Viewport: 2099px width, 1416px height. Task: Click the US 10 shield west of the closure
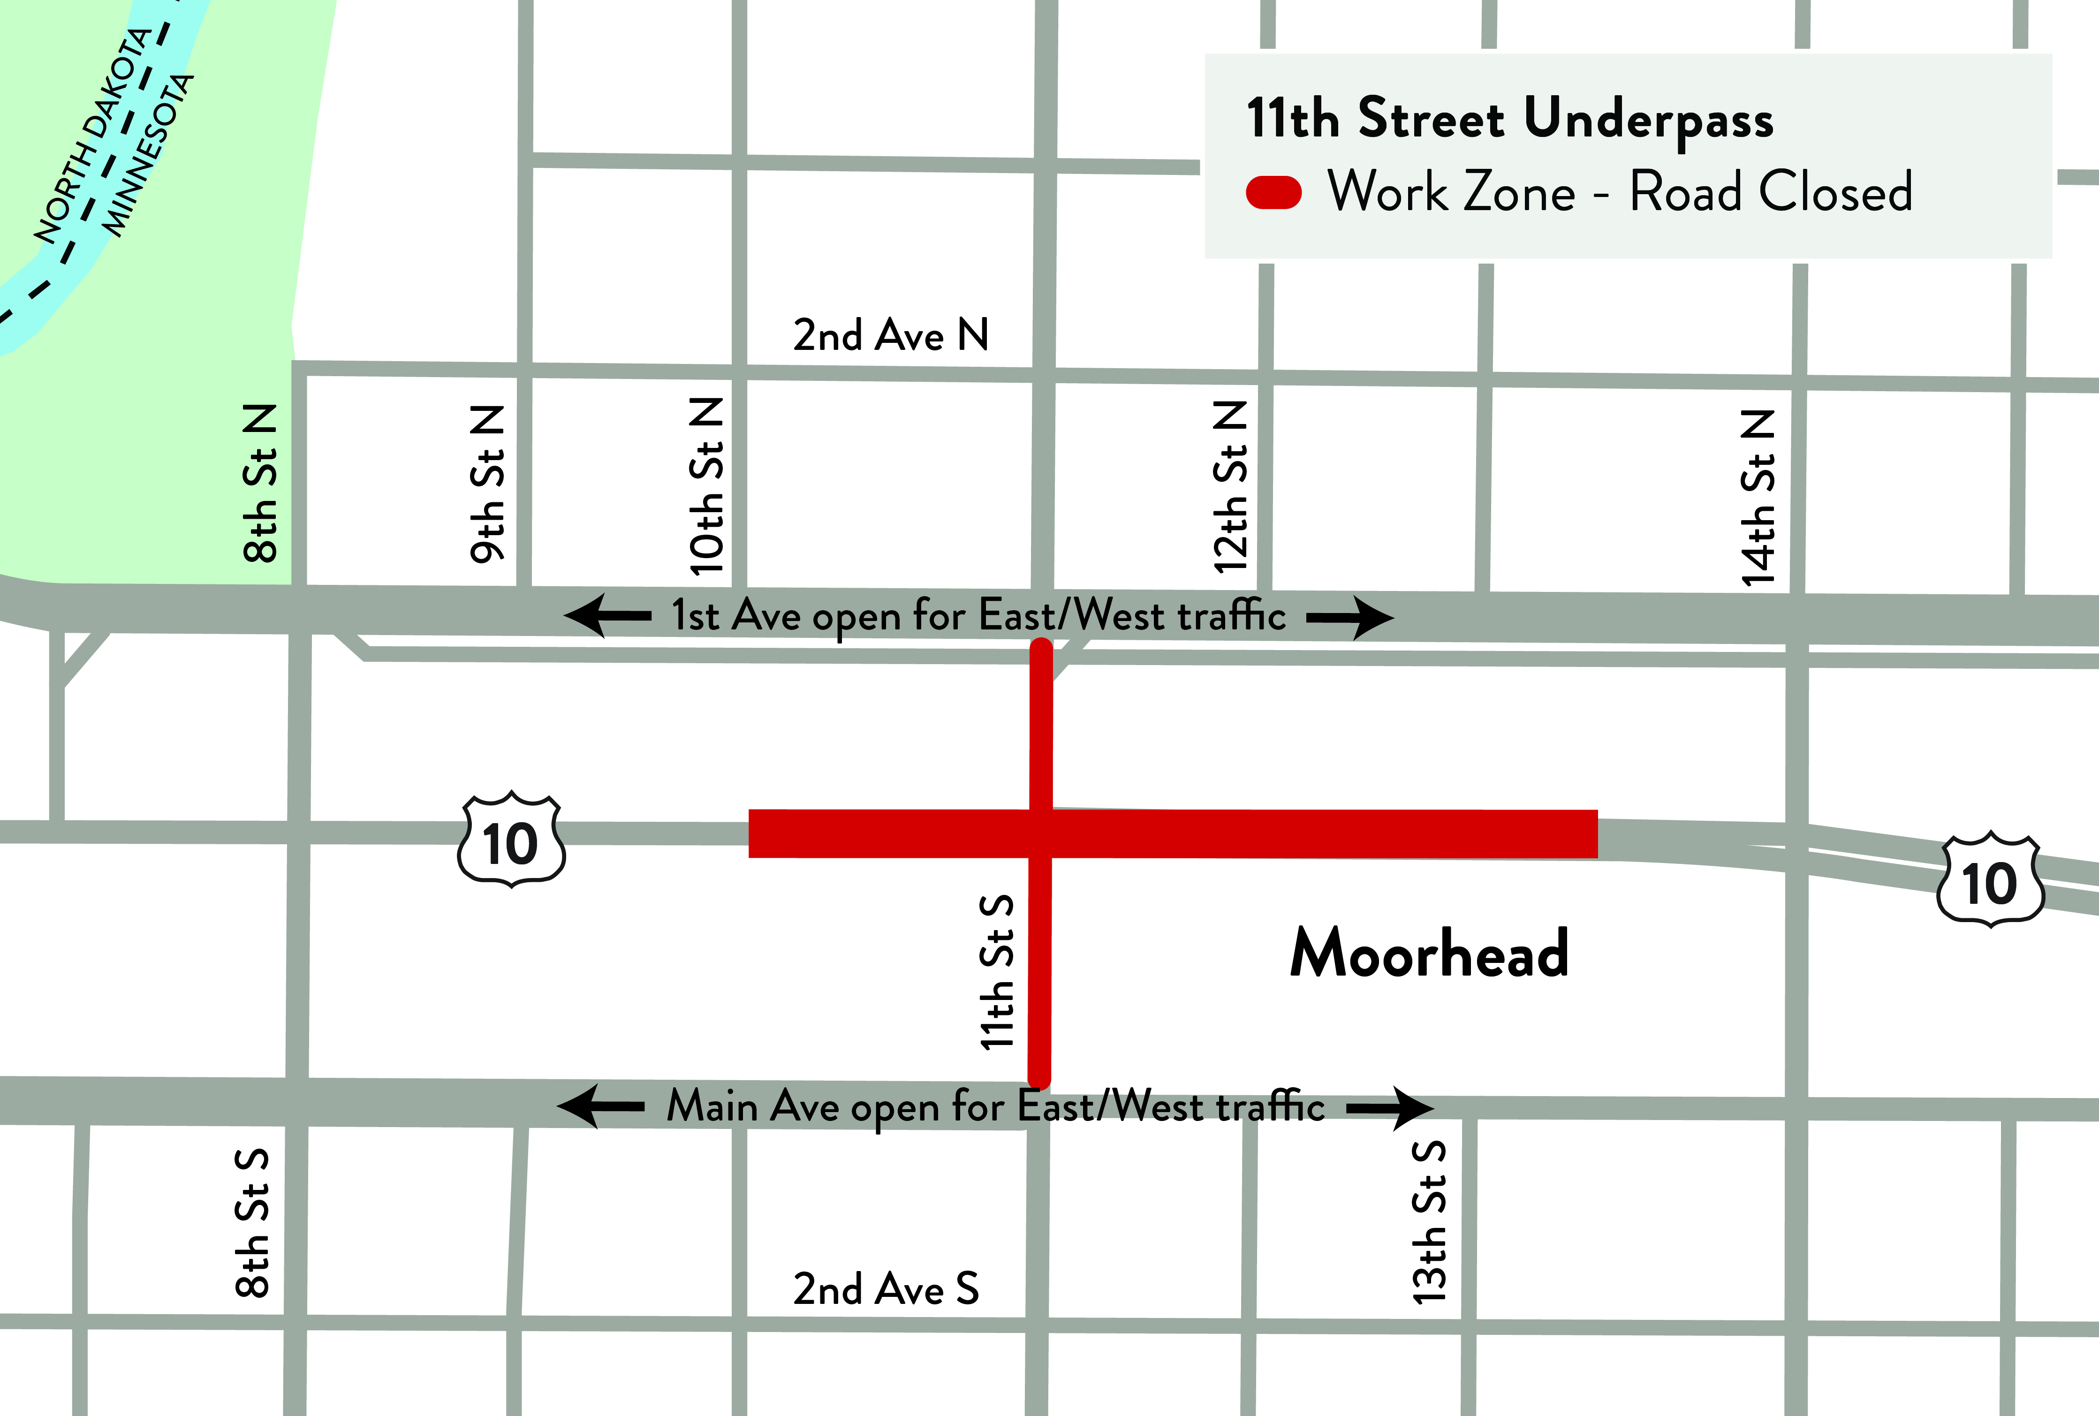tap(511, 840)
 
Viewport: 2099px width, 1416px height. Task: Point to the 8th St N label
tap(261, 484)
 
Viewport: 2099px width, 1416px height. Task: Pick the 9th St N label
tap(488, 484)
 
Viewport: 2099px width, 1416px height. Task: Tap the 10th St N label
tap(706, 486)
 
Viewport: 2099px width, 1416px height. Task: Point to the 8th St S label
tap(252, 1224)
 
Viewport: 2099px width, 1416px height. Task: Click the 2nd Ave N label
tap(891, 335)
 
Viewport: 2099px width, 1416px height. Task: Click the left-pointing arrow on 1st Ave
tap(607, 616)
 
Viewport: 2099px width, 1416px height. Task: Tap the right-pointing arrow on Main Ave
tap(1390, 1108)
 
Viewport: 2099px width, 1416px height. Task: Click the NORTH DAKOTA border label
tap(91, 136)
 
